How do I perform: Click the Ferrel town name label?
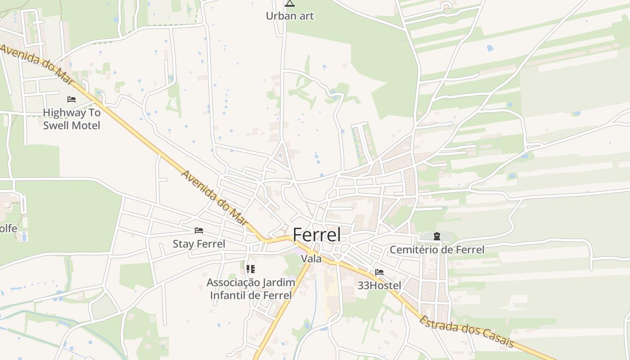[316, 235]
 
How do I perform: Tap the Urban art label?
[289, 16]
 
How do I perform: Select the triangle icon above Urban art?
[290, 4]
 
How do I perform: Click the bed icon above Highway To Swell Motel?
[72, 99]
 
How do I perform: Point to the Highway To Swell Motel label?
[72, 119]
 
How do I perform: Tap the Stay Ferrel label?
[199, 244]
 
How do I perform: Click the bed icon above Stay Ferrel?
[199, 230]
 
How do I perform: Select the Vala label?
[311, 259]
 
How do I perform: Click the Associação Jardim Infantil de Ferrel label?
[251, 289]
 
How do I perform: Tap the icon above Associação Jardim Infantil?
[251, 269]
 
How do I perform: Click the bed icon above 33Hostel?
[379, 272]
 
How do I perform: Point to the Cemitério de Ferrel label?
[437, 250]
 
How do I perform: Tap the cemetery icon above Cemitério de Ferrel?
[436, 236]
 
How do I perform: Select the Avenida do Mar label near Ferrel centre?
[215, 198]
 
